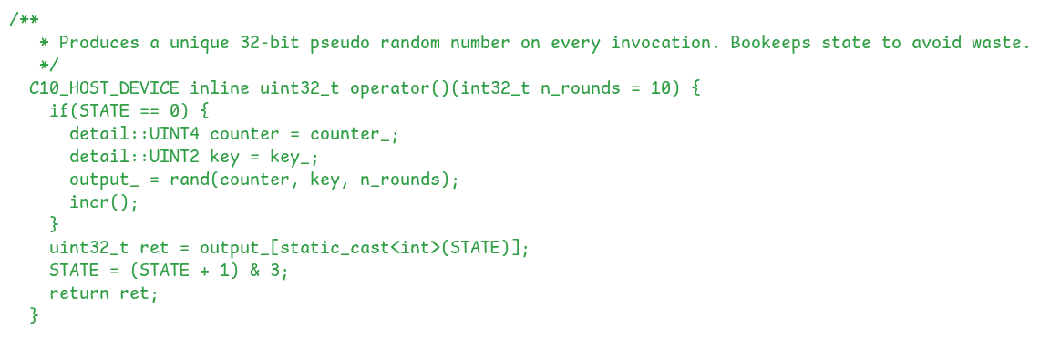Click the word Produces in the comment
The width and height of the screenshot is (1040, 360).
click(x=99, y=43)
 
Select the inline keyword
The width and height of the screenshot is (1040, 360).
click(x=219, y=88)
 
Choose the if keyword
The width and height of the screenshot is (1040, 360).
click(x=59, y=111)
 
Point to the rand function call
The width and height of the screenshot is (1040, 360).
click(x=189, y=180)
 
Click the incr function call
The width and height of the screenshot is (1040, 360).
click(x=89, y=202)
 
